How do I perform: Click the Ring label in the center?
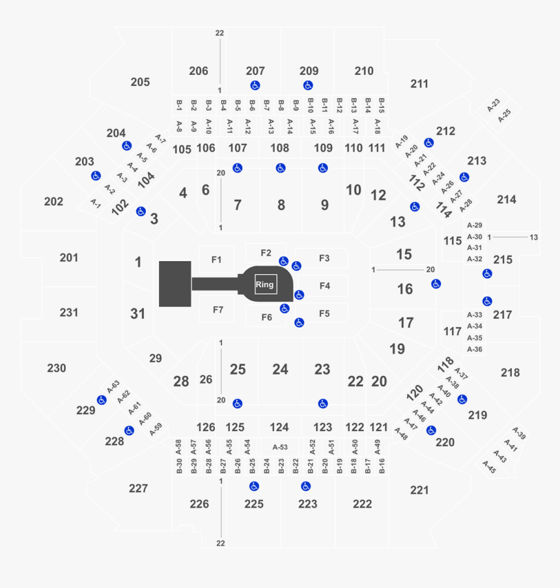[264, 285]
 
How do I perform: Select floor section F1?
[217, 260]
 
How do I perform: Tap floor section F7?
[217, 309]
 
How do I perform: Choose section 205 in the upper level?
[140, 82]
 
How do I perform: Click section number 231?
[69, 313]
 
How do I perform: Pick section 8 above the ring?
[281, 205]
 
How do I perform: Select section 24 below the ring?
[280, 369]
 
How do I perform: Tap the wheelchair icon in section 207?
[255, 85]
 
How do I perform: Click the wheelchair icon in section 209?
[308, 85]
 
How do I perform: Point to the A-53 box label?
[280, 447]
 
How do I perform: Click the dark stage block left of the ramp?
[175, 283]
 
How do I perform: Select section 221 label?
[420, 490]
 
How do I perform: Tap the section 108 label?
[280, 148]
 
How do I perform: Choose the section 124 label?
[279, 427]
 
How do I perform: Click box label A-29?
[475, 225]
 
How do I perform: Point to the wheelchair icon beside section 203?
[96, 175]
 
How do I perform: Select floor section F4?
[325, 285]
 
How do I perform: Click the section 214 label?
[507, 199]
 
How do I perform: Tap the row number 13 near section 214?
[534, 236]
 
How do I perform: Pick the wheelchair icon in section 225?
[254, 486]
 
